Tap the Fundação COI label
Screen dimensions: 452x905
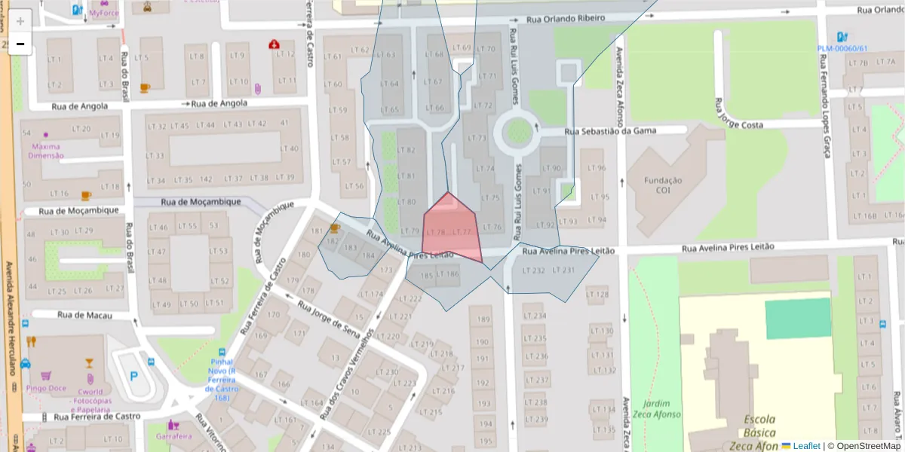663,185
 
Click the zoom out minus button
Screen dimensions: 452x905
20,44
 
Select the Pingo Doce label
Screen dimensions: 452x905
48,389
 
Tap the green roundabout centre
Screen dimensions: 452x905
518,133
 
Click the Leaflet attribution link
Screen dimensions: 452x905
805,446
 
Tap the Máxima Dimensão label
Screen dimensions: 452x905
46,151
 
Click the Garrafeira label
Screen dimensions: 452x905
174,435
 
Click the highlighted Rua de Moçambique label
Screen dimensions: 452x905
201,202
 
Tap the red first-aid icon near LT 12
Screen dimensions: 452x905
273,44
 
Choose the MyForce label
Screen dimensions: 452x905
104,13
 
